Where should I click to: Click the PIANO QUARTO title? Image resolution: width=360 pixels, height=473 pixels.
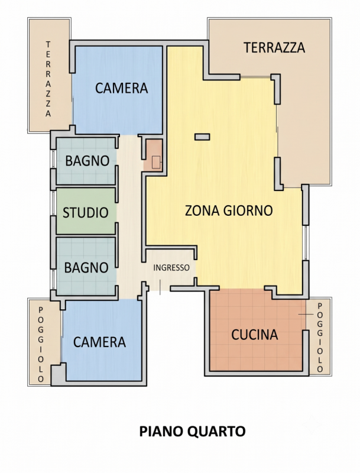192,432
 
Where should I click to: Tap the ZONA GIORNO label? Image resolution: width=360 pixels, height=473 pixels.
229,210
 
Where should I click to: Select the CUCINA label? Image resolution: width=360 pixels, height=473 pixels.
254,335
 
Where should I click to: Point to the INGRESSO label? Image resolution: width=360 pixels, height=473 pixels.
171,268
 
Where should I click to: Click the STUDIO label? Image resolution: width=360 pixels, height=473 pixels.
86,213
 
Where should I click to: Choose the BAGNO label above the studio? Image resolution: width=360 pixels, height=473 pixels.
87,161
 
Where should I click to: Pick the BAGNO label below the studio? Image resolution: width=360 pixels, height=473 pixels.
86,268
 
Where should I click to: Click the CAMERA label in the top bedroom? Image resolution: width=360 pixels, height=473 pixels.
122,88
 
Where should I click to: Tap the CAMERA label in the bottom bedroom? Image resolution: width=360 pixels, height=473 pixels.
99,342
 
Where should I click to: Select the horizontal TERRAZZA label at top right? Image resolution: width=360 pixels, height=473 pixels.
274,48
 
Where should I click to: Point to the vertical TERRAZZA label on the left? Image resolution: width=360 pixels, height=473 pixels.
48,79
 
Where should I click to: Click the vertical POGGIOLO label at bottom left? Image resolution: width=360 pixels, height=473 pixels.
41,345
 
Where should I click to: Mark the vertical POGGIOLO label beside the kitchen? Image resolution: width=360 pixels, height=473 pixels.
320,338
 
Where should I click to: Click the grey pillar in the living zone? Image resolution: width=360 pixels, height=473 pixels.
202,137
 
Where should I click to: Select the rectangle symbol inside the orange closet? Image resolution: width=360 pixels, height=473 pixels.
157,163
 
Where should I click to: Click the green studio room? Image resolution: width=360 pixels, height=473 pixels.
86,211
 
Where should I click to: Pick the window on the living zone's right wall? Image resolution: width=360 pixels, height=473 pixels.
306,242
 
